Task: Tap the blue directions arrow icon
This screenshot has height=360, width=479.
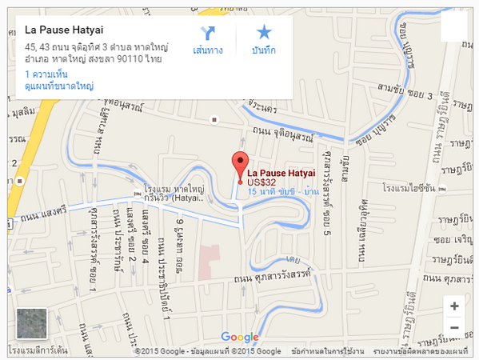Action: pos(208,32)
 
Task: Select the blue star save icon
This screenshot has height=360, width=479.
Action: pos(264,32)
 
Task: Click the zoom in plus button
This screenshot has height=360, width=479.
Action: pos(454,306)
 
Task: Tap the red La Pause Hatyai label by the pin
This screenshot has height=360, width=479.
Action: pos(281,173)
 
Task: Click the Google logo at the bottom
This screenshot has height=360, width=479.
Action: pos(239,338)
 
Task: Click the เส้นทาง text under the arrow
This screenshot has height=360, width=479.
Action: pos(208,51)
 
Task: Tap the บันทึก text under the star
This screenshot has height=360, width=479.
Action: pos(264,51)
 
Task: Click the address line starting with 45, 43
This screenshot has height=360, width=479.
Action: pos(96,47)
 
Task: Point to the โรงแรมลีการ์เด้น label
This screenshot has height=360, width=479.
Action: pos(38,351)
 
